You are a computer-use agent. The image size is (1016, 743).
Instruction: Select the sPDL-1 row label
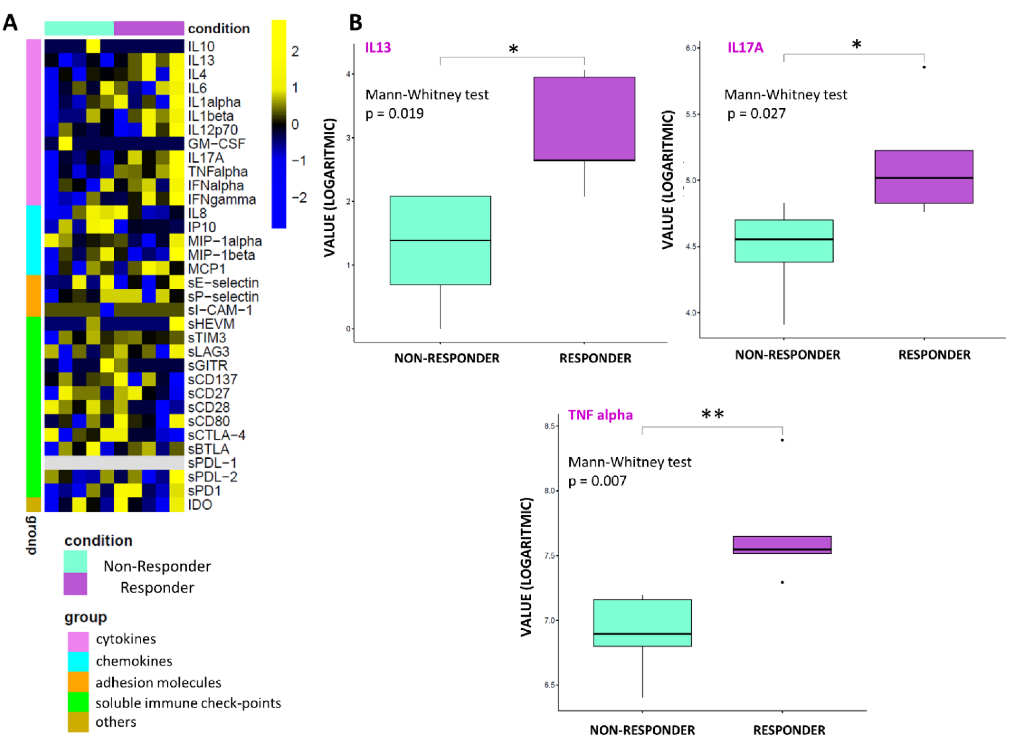(212, 463)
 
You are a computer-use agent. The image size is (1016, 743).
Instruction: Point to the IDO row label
(200, 505)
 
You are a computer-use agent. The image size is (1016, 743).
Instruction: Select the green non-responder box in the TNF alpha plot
(642, 623)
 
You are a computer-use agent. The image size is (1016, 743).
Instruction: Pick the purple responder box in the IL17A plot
(924, 177)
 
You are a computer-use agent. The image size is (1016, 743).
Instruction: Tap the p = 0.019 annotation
(394, 113)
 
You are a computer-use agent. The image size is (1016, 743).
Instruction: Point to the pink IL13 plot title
(378, 48)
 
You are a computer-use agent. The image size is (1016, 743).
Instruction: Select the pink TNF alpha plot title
(600, 415)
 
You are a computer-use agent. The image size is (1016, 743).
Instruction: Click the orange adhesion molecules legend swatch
(78, 682)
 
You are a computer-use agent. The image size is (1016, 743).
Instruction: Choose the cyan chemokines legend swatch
(78, 661)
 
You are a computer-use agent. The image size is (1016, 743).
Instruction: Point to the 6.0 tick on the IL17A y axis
(691, 48)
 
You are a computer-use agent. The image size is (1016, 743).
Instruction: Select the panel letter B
(355, 22)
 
